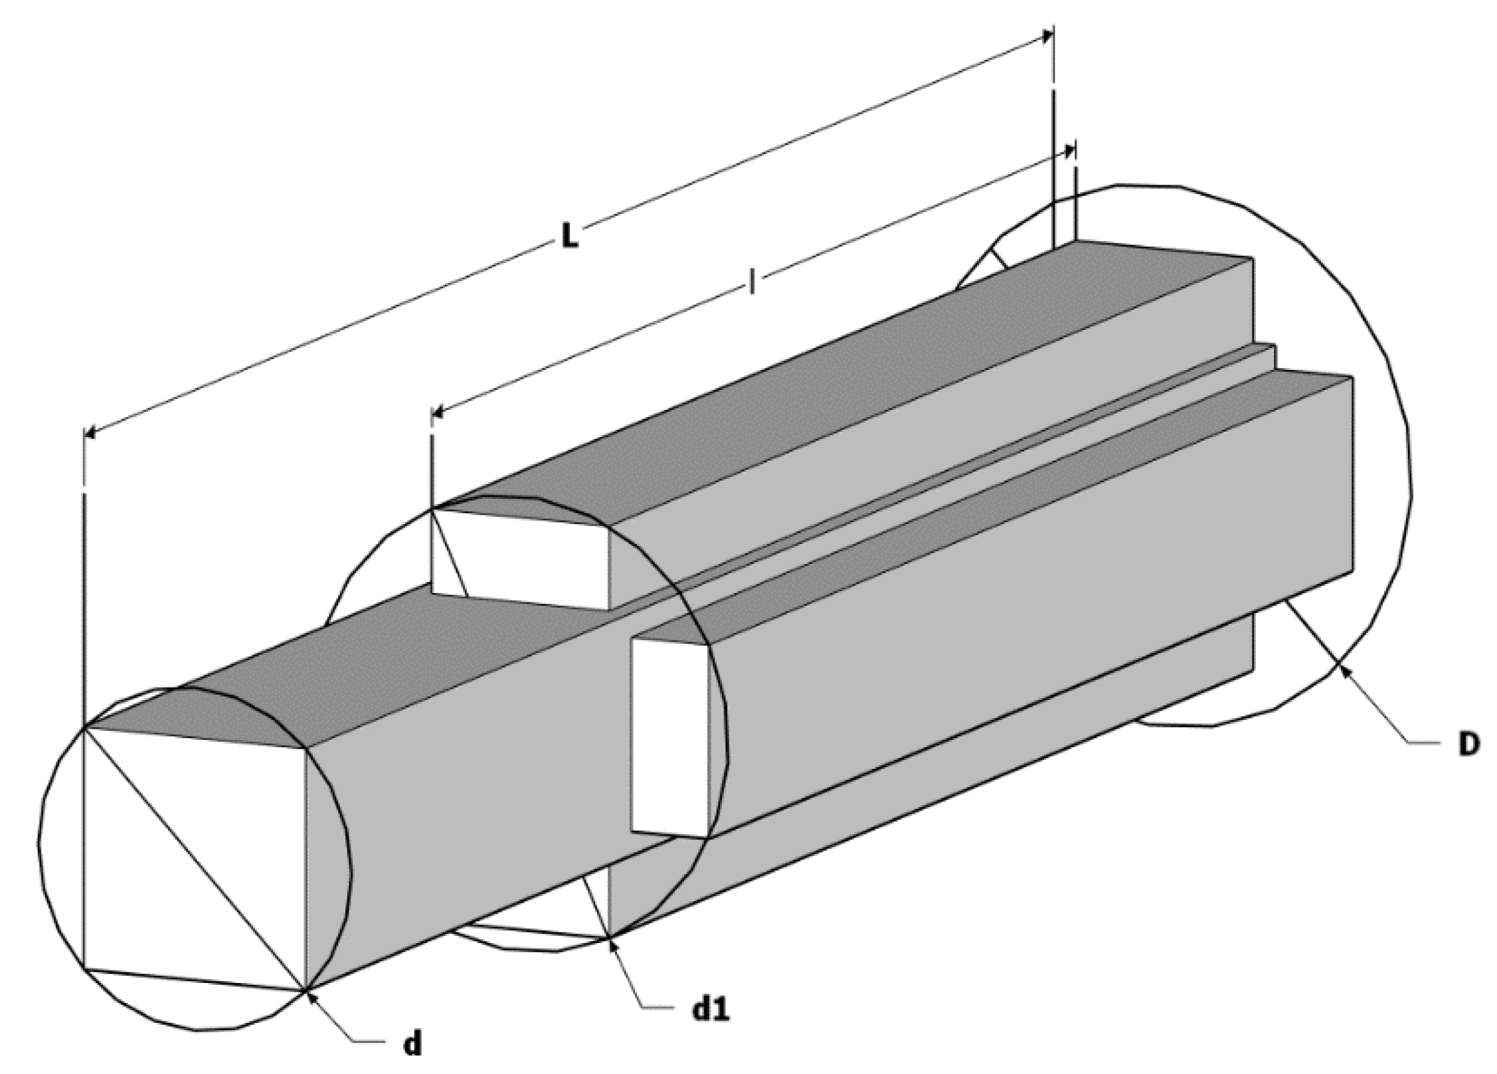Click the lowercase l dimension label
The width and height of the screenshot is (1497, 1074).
(751, 282)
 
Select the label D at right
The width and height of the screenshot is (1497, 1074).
(1468, 745)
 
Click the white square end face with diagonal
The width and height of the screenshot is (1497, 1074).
(193, 857)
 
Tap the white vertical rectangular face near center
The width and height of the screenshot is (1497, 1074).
(669, 737)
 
